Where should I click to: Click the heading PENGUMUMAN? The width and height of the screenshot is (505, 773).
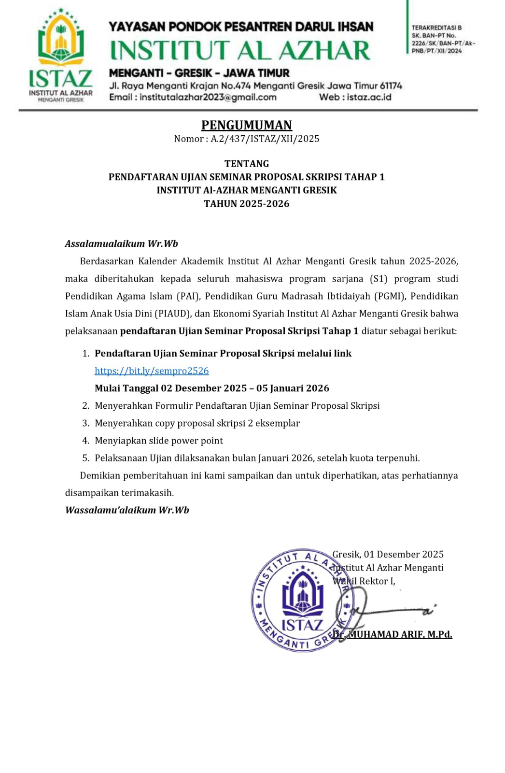tap(246, 125)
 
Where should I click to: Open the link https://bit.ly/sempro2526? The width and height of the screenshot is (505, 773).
tap(152, 371)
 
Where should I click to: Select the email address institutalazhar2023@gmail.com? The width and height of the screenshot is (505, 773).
tap(208, 97)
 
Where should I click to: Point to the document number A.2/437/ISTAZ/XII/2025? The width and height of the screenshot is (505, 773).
tap(265, 139)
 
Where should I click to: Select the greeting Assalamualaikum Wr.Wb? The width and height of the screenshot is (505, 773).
tap(122, 243)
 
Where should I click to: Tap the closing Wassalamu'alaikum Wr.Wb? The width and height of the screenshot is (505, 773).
tap(127, 510)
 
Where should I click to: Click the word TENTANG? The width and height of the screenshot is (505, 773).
tap(246, 163)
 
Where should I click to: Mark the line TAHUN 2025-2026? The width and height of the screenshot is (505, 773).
tap(246, 203)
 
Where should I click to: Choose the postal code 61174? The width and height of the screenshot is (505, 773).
tap(391, 86)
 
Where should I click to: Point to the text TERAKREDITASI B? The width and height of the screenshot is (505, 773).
tap(436, 28)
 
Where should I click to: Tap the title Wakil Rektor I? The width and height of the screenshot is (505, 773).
tap(364, 581)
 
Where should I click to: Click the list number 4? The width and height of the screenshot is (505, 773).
tap(85, 440)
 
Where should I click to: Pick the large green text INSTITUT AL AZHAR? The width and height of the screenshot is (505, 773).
tap(240, 51)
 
